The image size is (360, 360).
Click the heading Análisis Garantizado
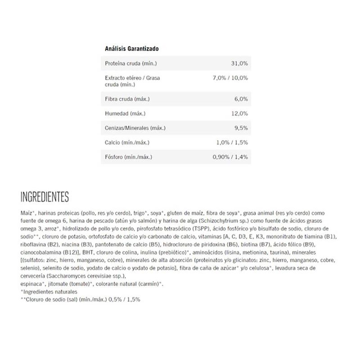coord(131,48)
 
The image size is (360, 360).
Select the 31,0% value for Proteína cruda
coord(239,63)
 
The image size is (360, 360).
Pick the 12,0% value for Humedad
coord(239,113)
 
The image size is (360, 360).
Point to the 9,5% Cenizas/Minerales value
coord(241,128)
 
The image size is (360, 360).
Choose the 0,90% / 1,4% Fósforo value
coord(230,157)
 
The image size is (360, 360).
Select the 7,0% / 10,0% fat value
coord(229,78)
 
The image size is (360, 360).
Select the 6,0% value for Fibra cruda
coord(241,99)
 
